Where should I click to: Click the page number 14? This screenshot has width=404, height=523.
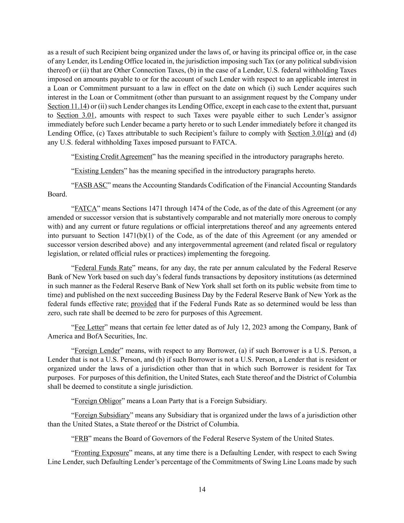click(202, 489)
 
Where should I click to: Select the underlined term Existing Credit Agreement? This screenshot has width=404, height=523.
click(113, 157)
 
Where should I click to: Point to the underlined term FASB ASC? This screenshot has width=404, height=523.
click(91, 185)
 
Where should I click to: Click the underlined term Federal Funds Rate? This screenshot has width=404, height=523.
click(103, 268)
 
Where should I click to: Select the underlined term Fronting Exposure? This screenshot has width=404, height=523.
click(101, 453)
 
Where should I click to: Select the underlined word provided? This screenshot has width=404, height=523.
click(144, 304)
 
